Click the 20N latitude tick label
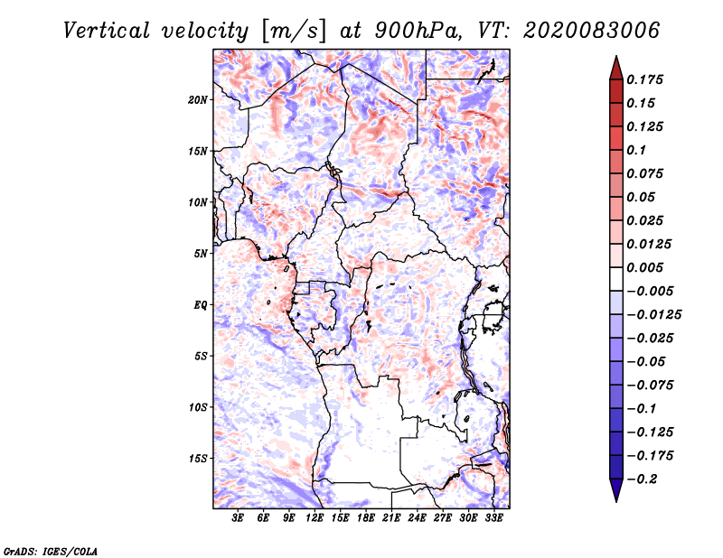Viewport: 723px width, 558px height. click(x=198, y=99)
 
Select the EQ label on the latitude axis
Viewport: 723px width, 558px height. click(x=200, y=305)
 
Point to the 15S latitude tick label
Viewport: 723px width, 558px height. click(x=198, y=459)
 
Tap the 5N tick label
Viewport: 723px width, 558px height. click(x=201, y=254)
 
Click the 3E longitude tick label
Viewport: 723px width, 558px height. click(x=239, y=518)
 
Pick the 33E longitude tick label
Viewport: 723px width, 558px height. click(x=493, y=518)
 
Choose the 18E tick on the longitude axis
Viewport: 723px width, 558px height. click(x=366, y=518)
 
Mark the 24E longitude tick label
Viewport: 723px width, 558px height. click(x=417, y=518)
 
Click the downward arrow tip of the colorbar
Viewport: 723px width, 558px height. click(x=615, y=498)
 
